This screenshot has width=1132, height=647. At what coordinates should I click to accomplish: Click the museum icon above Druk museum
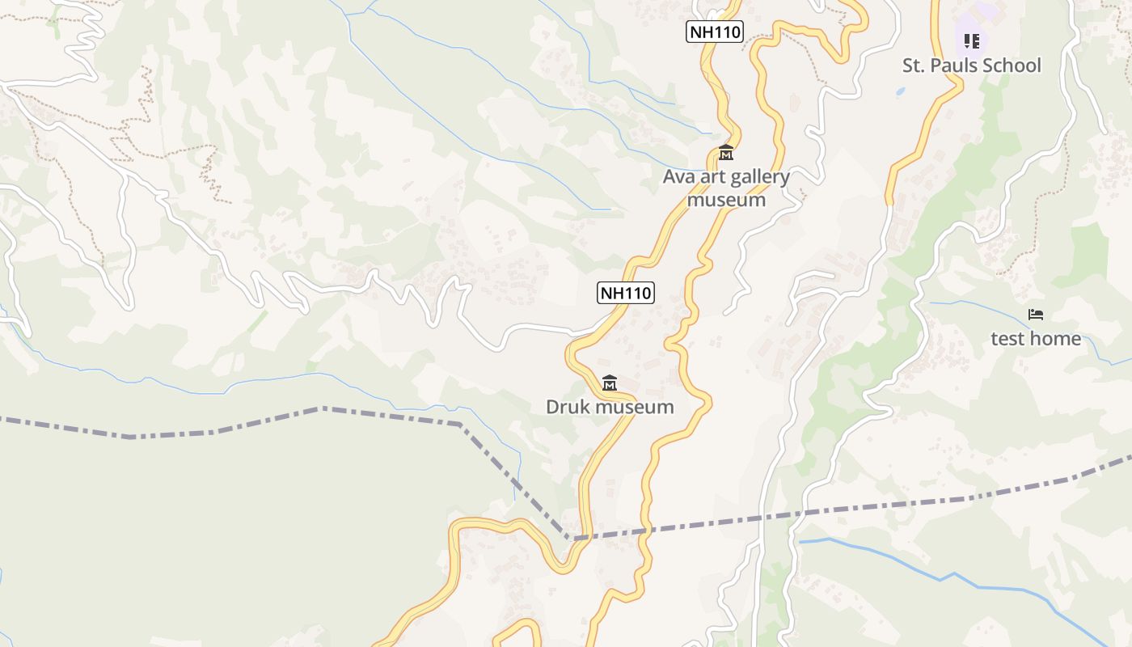click(x=610, y=383)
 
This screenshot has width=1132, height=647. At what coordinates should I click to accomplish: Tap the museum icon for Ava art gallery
click(x=726, y=152)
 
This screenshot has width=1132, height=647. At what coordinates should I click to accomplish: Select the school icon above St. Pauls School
click(x=972, y=40)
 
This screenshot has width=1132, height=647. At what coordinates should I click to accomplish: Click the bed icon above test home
click(x=1036, y=315)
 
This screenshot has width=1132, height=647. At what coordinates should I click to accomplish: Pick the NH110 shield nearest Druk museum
click(x=626, y=293)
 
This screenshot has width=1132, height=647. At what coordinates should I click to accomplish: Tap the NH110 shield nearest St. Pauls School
click(x=715, y=32)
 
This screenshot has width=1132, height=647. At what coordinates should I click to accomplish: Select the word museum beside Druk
click(x=633, y=407)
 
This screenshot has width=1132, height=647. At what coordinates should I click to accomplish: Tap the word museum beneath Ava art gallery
click(x=726, y=199)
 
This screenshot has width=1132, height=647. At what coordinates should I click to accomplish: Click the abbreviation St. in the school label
click(x=914, y=66)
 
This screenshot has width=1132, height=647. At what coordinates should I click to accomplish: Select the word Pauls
click(x=954, y=66)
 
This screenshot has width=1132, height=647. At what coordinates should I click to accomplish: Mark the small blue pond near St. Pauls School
click(x=900, y=93)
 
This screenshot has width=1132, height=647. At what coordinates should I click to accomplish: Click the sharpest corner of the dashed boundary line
click(x=569, y=537)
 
